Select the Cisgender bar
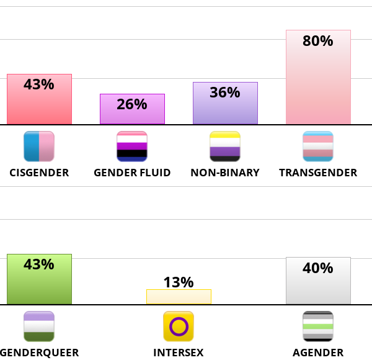point(39,106)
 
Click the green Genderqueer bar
point(39,286)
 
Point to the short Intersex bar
point(179,297)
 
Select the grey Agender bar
point(318,287)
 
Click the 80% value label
point(318,42)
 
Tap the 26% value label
point(132,104)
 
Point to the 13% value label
point(179,282)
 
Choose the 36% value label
point(225,92)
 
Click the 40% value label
point(318,268)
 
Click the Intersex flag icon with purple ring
point(179,326)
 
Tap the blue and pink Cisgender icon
point(39,146)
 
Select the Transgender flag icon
point(318,146)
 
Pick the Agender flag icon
point(318,326)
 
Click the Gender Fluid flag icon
point(132,146)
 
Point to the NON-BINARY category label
point(225,173)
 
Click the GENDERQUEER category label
point(39,353)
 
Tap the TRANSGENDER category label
point(318,173)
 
